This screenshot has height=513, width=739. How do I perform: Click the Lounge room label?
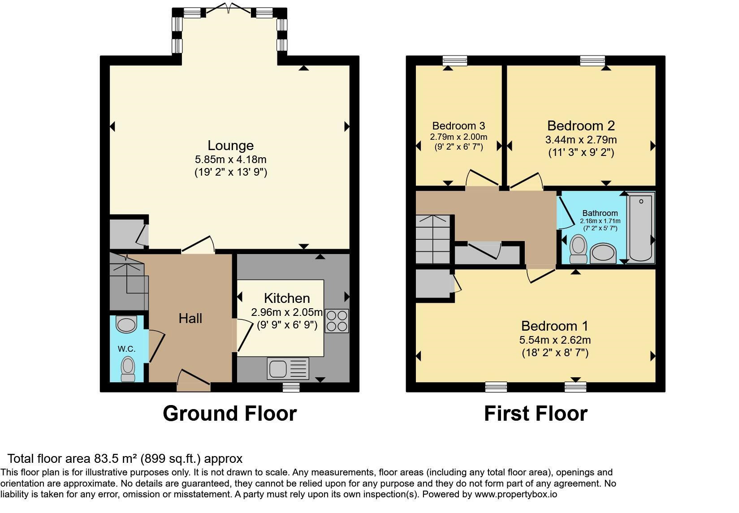230,145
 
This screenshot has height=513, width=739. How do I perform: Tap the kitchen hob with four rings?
337,320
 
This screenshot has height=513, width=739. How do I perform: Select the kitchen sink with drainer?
288,368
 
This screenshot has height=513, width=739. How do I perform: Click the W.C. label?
126,349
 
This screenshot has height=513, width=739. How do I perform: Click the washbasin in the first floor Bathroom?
603,254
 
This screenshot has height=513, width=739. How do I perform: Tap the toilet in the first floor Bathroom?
578,249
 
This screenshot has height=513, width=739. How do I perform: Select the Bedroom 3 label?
458,126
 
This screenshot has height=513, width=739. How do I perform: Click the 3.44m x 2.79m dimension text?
581,140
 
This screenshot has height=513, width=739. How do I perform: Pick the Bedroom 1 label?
554,326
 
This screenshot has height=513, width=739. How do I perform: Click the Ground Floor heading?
229,413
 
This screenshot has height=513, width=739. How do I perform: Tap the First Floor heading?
536,413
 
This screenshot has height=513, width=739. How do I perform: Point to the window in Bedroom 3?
454,60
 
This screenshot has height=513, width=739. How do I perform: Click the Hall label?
190,319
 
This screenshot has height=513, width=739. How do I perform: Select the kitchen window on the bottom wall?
291,387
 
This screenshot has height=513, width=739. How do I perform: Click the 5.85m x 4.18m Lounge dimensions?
230,159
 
